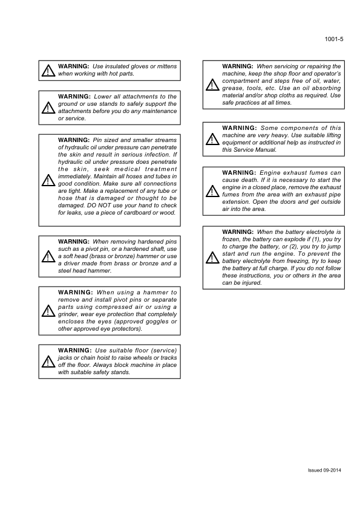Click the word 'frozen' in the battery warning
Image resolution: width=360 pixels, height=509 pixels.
pos(232,239)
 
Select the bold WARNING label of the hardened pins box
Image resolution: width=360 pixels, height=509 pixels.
pos(74,241)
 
